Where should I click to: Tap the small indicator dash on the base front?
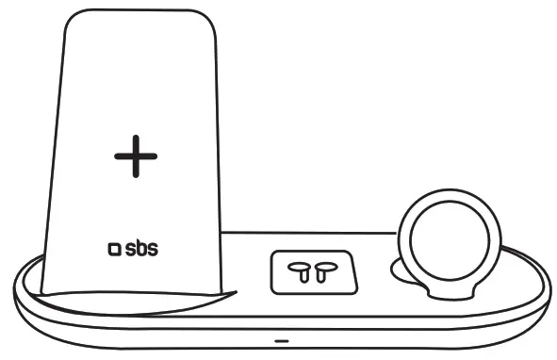point(280,339)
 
